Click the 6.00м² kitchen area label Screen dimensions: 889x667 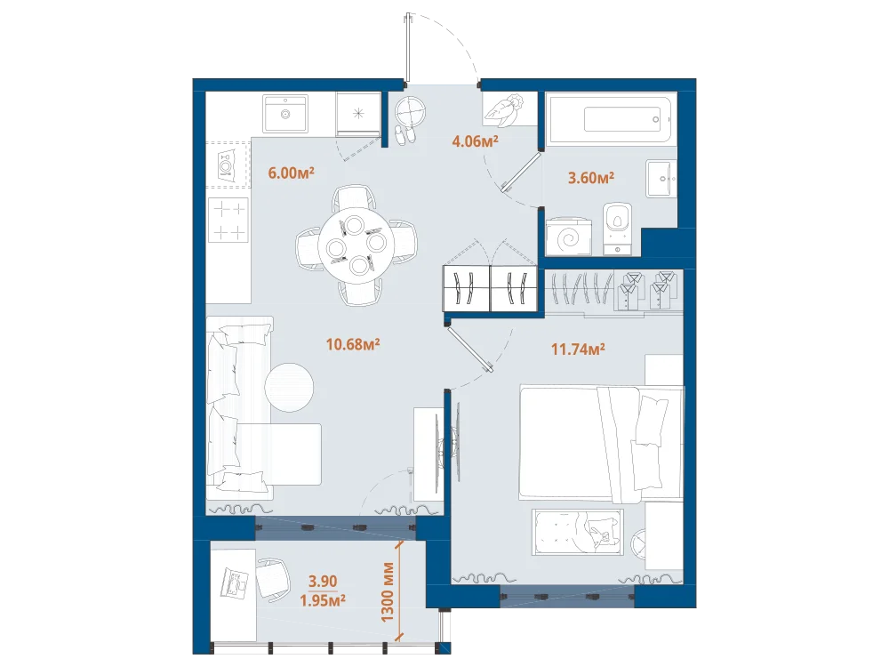(291, 173)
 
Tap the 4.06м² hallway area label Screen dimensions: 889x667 (475, 141)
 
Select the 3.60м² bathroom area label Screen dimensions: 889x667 (591, 178)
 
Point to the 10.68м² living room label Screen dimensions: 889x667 (353, 343)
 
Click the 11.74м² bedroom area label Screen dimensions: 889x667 (578, 349)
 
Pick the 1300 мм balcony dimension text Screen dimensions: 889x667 (388, 591)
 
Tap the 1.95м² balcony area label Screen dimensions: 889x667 (323, 600)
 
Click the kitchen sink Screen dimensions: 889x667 (285, 114)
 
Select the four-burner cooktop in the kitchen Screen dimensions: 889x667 (228, 221)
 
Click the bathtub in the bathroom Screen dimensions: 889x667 (610, 120)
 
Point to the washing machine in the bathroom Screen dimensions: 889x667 (568, 237)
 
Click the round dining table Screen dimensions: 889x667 (356, 245)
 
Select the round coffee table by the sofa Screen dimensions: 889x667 (289, 388)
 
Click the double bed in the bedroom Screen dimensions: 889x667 (601, 444)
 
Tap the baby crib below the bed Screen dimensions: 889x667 (578, 532)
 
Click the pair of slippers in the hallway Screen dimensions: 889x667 (404, 135)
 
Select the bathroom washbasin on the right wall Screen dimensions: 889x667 (661, 179)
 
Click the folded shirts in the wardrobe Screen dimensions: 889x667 (647, 291)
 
